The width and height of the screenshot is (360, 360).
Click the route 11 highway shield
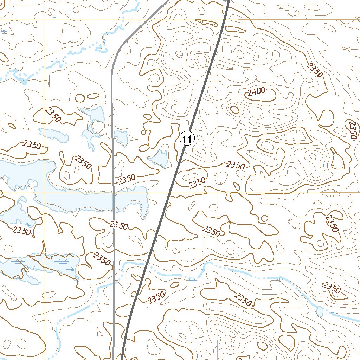[x=187, y=139]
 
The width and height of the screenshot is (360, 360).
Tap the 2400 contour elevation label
[x=256, y=93]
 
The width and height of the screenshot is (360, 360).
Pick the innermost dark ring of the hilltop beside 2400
[x=235, y=110]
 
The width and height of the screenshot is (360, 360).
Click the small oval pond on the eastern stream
[x=320, y=311]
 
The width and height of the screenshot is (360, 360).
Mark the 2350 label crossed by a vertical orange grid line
[x=212, y=231]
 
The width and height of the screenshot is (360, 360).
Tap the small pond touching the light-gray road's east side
[x=121, y=137]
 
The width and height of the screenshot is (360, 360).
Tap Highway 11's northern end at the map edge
[x=228, y=1]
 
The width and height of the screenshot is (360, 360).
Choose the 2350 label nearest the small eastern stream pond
[x=332, y=288]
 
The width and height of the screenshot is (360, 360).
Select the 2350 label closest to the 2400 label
[x=314, y=69]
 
